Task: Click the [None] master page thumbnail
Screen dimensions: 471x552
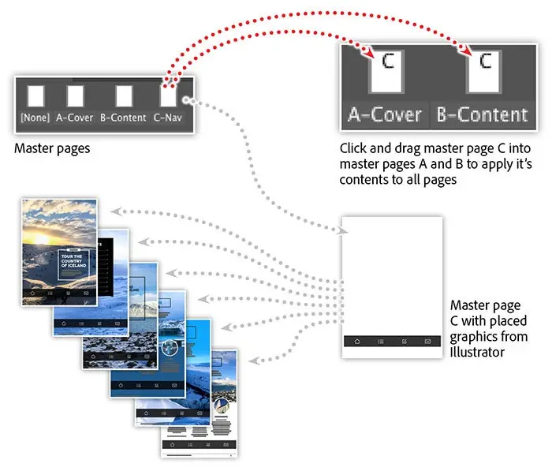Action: (35, 96)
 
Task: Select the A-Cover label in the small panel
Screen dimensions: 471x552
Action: (75, 118)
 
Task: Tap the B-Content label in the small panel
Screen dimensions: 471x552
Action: (123, 118)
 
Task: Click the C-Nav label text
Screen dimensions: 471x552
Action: (168, 118)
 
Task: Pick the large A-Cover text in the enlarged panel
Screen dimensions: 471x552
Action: (386, 114)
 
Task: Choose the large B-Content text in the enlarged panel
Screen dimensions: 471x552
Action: (483, 114)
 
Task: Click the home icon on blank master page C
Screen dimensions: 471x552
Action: (356, 341)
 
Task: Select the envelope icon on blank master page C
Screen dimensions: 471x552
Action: (427, 341)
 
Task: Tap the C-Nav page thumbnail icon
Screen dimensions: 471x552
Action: (168, 96)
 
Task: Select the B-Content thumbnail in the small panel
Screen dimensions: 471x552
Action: (123, 96)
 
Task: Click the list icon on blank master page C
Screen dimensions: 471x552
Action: (380, 341)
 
